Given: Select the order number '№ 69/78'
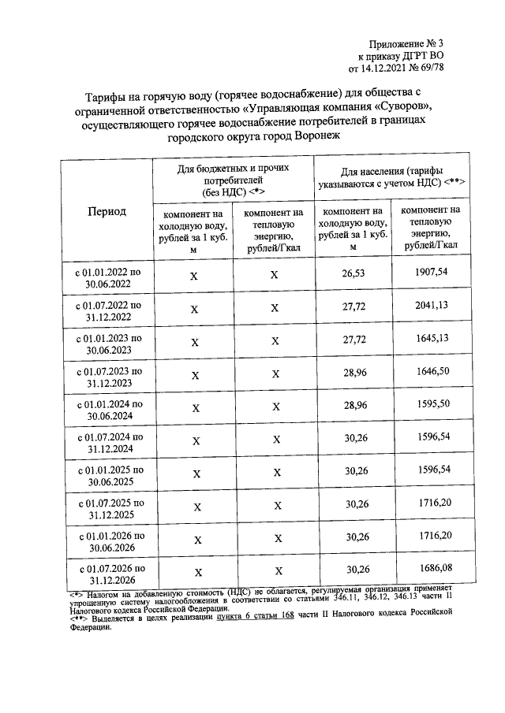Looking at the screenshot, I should click(x=438, y=69).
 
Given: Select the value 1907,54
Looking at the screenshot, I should click(x=431, y=272).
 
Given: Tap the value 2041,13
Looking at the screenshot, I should click(x=431, y=306).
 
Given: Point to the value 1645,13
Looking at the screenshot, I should click(x=431, y=340).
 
